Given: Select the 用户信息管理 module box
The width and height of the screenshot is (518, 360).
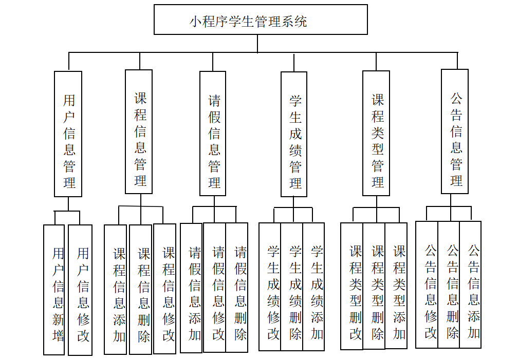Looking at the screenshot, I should pyautogui.click(x=68, y=134).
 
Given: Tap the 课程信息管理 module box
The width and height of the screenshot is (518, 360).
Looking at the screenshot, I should pyautogui.click(x=139, y=131).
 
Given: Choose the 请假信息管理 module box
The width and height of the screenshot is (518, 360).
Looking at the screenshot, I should pyautogui.click(x=213, y=134).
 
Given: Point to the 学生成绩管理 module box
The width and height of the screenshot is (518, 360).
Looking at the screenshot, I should pyautogui.click(x=294, y=134).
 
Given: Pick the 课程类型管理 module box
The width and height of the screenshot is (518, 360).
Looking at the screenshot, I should pyautogui.click(x=376, y=133).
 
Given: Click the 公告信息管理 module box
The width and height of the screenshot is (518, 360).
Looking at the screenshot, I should pyautogui.click(x=455, y=131).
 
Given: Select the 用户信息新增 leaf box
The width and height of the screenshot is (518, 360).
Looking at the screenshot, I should pyautogui.click(x=54, y=290).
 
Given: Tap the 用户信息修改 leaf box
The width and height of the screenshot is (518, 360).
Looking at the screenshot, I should pyautogui.click(x=81, y=290).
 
